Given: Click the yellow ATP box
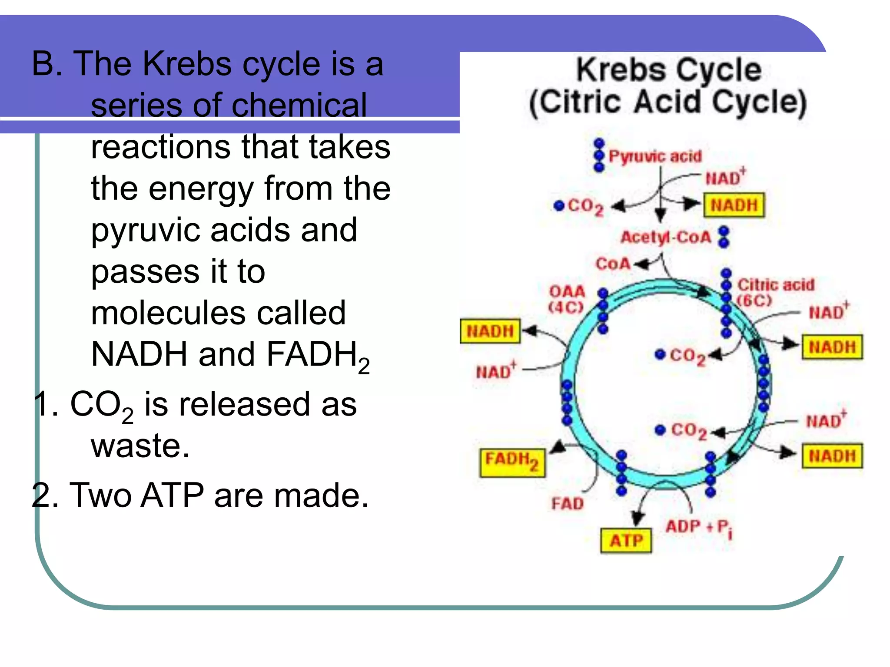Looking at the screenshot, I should coord(626,540).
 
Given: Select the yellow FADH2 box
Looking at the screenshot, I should coord(512,462).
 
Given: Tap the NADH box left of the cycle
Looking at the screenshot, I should coord(490,331).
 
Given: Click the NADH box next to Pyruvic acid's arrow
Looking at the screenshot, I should coord(734,205).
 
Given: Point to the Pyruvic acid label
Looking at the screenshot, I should coord(655,156).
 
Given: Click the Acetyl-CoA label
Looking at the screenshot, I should coord(665,237).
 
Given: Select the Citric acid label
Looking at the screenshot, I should coord(776,285).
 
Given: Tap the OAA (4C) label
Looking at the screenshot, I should coord(567,299).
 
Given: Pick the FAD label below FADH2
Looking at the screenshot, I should coord(567,504).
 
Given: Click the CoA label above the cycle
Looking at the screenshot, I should coord(613,264).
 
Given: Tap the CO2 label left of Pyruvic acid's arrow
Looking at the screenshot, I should coord(584,206).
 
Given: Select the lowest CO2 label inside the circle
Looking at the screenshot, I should coord(688,430).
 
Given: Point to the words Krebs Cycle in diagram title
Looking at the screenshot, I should coord(668,70).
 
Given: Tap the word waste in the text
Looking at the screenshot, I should coord(140,446).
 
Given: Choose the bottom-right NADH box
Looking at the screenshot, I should coord(832,456).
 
